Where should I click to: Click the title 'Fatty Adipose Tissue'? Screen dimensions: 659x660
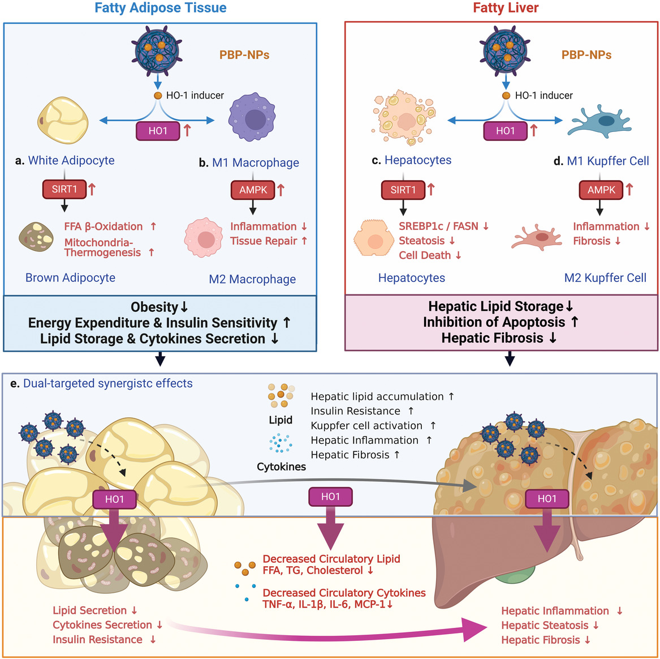pyautogui.click(x=160, y=8)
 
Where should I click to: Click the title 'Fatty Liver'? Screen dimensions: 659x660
pyautogui.click(x=506, y=8)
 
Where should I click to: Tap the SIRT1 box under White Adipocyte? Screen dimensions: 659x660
pyautogui.click(x=64, y=189)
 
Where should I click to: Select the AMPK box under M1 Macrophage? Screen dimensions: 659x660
pyautogui.click(x=253, y=190)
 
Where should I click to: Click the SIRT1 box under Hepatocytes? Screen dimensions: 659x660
pyautogui.click(x=403, y=190)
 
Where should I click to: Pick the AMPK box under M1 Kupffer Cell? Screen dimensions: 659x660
pyautogui.click(x=601, y=190)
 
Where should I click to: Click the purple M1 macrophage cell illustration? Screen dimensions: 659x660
pyautogui.click(x=252, y=118)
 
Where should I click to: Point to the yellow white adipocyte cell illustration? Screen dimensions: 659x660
pyautogui.click(x=63, y=120)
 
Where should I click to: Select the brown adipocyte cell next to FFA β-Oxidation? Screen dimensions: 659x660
pyautogui.click(x=37, y=237)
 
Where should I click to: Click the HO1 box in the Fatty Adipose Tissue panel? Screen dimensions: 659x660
pyautogui.click(x=158, y=131)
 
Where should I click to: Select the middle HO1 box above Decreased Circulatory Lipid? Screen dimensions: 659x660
pyautogui.click(x=330, y=497)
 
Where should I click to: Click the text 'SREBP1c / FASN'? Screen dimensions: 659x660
pyautogui.click(x=438, y=226)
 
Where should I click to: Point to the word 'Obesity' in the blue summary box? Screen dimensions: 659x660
pyautogui.click(x=154, y=307)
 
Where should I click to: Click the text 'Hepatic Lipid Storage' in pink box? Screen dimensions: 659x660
pyautogui.click(x=495, y=306)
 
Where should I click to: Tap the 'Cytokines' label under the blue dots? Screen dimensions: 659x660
pyautogui.click(x=281, y=467)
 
